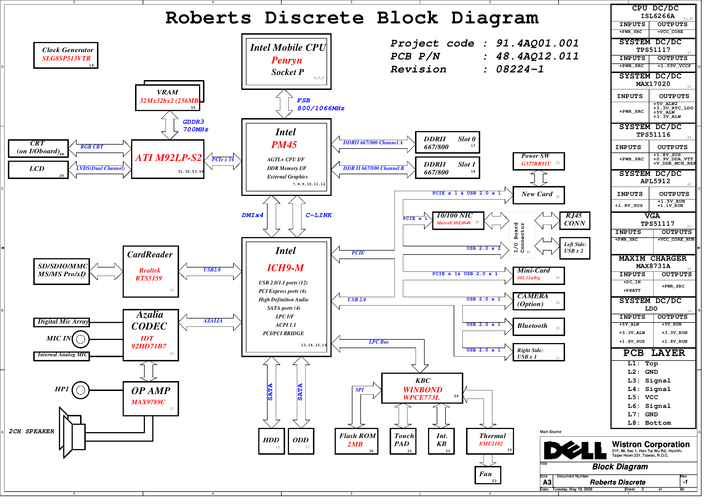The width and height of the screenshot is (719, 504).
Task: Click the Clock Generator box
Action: [x=66, y=56]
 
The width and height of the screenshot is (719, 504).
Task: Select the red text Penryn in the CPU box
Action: [x=286, y=60]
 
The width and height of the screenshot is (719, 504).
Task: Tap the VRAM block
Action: [x=167, y=97]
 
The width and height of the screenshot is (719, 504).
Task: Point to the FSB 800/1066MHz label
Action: [x=320, y=104]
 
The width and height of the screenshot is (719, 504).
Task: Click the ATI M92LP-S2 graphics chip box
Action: [x=168, y=159]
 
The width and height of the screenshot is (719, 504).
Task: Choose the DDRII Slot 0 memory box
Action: [x=447, y=142]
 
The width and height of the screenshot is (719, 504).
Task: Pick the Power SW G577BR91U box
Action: [x=538, y=161]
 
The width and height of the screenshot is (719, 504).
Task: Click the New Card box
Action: [x=538, y=195]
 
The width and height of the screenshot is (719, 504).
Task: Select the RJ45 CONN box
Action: [x=575, y=220]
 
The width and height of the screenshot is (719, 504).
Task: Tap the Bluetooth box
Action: [x=538, y=326]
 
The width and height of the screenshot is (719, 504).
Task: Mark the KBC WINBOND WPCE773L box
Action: [x=422, y=388]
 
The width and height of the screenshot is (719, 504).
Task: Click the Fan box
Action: [x=488, y=475]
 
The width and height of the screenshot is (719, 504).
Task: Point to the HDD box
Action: [x=271, y=441]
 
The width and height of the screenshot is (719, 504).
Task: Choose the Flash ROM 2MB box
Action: [x=356, y=441]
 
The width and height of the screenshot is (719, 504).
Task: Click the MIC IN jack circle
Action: [x=80, y=339]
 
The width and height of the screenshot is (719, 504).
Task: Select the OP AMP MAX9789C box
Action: [x=151, y=399]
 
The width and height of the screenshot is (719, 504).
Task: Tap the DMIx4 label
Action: [x=252, y=215]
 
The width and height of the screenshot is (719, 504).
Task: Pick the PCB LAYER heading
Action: [x=654, y=353]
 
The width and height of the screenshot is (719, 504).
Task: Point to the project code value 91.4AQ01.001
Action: [x=537, y=43]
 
